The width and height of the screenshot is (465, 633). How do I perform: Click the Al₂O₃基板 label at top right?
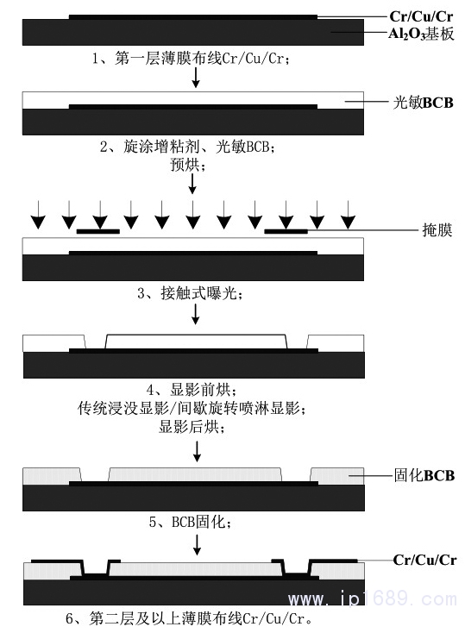421,34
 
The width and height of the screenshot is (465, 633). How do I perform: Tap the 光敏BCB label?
423,103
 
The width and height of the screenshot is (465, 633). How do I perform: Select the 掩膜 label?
437,230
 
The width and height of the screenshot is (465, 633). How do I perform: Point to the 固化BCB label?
424,475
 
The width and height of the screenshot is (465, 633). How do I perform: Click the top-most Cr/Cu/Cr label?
421,16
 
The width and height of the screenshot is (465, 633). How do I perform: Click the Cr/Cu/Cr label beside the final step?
424,560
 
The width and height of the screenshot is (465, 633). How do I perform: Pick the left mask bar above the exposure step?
98,231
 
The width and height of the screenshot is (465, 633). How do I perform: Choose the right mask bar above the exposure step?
286,231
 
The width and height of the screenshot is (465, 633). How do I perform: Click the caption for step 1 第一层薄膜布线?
191,59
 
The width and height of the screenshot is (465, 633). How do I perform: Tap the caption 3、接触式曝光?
190,293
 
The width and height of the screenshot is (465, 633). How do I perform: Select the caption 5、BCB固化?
190,522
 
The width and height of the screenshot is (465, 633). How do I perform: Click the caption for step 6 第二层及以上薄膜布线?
189,618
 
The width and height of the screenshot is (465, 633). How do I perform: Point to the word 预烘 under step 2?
188,165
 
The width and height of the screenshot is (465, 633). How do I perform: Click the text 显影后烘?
192,427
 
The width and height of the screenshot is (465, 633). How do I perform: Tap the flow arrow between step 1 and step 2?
196,78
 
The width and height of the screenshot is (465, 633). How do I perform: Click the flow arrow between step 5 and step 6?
197,545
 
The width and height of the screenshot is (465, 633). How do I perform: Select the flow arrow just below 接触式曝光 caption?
195,314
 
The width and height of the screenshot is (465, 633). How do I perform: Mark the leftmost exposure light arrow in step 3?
38,215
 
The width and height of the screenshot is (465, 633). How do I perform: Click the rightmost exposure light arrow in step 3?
348,215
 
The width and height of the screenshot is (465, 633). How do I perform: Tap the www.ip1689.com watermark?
373,599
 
